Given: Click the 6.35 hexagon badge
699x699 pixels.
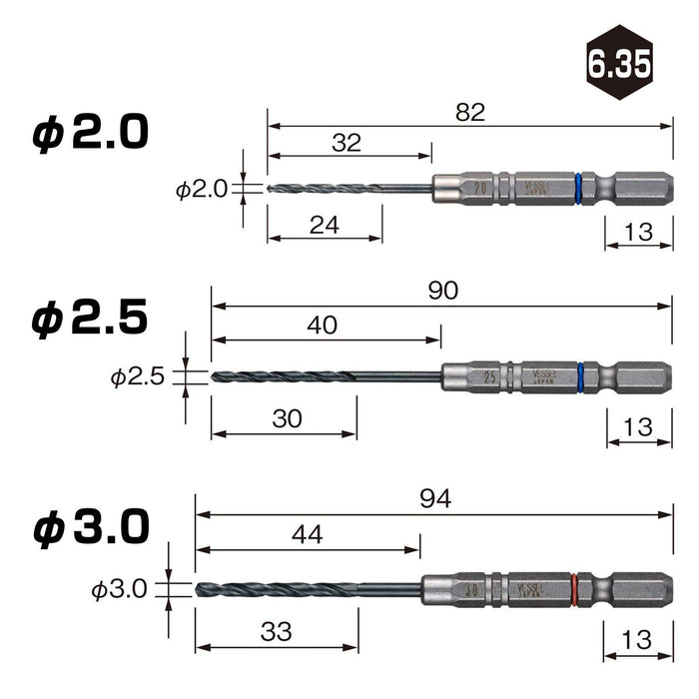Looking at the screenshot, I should click(618, 65).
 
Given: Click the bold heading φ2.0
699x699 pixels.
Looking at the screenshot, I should click(90, 133).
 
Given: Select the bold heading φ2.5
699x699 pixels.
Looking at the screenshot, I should click(90, 319).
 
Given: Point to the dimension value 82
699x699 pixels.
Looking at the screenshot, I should click(469, 113).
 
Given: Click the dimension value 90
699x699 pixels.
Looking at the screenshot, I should click(441, 291).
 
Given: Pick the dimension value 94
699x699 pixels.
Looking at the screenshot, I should click(435, 499).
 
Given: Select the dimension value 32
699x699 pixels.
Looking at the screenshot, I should click(346, 143).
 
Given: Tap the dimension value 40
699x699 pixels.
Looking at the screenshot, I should click(323, 325).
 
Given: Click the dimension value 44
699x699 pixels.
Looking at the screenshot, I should click(308, 534).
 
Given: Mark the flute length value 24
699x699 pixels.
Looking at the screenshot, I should click(325, 226).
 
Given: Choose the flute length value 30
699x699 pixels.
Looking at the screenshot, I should click(287, 419).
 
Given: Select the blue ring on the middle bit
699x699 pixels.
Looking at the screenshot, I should click(581, 376).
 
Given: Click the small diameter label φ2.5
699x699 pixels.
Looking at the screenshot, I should click(139, 377).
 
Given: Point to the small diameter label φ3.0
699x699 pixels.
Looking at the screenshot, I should click(121, 590).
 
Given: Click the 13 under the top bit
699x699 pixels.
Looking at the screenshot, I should click(636, 233).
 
